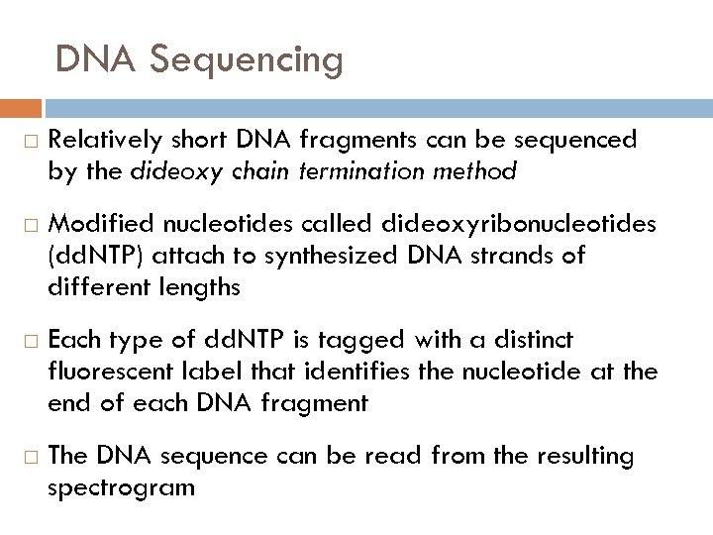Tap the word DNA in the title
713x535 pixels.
point(94,60)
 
